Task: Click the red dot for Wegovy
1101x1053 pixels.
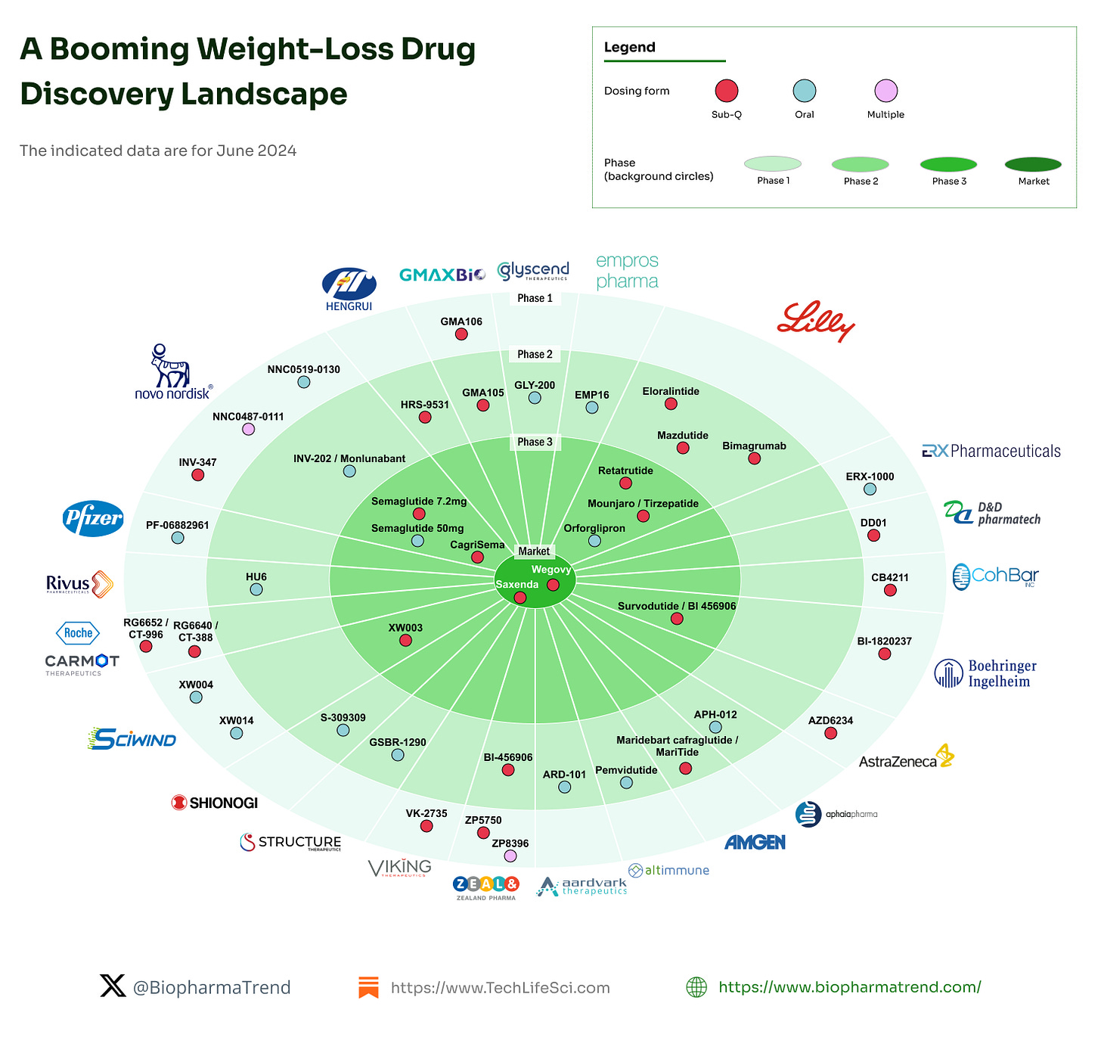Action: pyautogui.click(x=553, y=585)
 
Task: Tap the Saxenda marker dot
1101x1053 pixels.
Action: pyautogui.click(x=520, y=598)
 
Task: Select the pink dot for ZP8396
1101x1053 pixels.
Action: pyautogui.click(x=510, y=856)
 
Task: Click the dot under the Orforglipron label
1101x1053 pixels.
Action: pyautogui.click(x=594, y=541)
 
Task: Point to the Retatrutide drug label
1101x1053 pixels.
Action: pyautogui.click(x=625, y=471)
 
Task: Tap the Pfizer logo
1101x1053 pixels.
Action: pyautogui.click(x=93, y=518)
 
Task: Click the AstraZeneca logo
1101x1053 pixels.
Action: pyautogui.click(x=906, y=757)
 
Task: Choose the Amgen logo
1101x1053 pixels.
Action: pyautogui.click(x=755, y=842)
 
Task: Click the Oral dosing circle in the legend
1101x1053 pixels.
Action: pyautogui.click(x=804, y=91)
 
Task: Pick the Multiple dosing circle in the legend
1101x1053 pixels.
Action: pyautogui.click(x=885, y=91)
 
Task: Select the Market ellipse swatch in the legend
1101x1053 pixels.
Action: pyautogui.click(x=1033, y=164)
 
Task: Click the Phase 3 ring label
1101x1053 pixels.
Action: pyautogui.click(x=535, y=442)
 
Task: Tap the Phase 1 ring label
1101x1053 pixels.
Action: pyautogui.click(x=535, y=298)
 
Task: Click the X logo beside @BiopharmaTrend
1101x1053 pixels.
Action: pyautogui.click(x=113, y=986)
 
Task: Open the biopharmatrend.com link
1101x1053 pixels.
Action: pyautogui.click(x=849, y=986)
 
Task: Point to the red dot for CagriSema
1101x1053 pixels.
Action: pyautogui.click(x=477, y=558)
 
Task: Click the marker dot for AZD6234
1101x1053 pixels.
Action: pyautogui.click(x=830, y=733)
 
